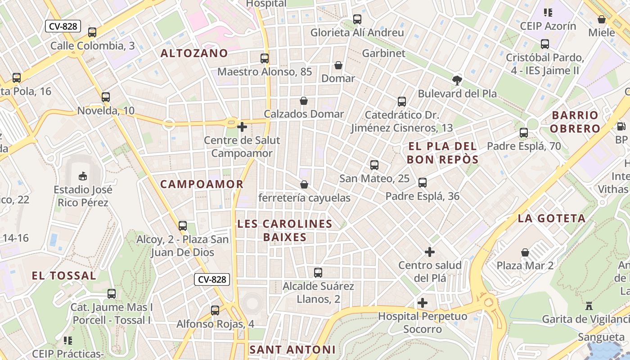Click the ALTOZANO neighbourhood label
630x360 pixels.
point(194,53)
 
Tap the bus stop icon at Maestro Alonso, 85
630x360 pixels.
point(265,58)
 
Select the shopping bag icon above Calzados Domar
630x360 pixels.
point(304,101)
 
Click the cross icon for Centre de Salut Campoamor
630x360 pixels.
point(242,127)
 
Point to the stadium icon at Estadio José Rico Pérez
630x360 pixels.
point(82,176)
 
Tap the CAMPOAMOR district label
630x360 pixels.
point(202,184)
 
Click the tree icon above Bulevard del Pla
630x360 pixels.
point(457,81)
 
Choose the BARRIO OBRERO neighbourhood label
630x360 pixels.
point(575,122)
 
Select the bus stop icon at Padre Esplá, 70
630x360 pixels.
point(524,133)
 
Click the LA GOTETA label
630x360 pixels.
point(551,219)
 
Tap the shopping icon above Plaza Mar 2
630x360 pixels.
point(525,252)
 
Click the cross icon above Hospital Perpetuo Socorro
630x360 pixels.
point(423,303)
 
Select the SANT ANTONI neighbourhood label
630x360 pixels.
point(292,350)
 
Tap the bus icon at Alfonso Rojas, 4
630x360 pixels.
point(215,310)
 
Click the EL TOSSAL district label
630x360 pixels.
point(64,276)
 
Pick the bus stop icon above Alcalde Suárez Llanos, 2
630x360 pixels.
point(318,273)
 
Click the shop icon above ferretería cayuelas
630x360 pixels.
point(304,184)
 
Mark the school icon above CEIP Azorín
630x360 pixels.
point(548,13)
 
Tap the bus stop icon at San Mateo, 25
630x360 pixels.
point(374,165)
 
